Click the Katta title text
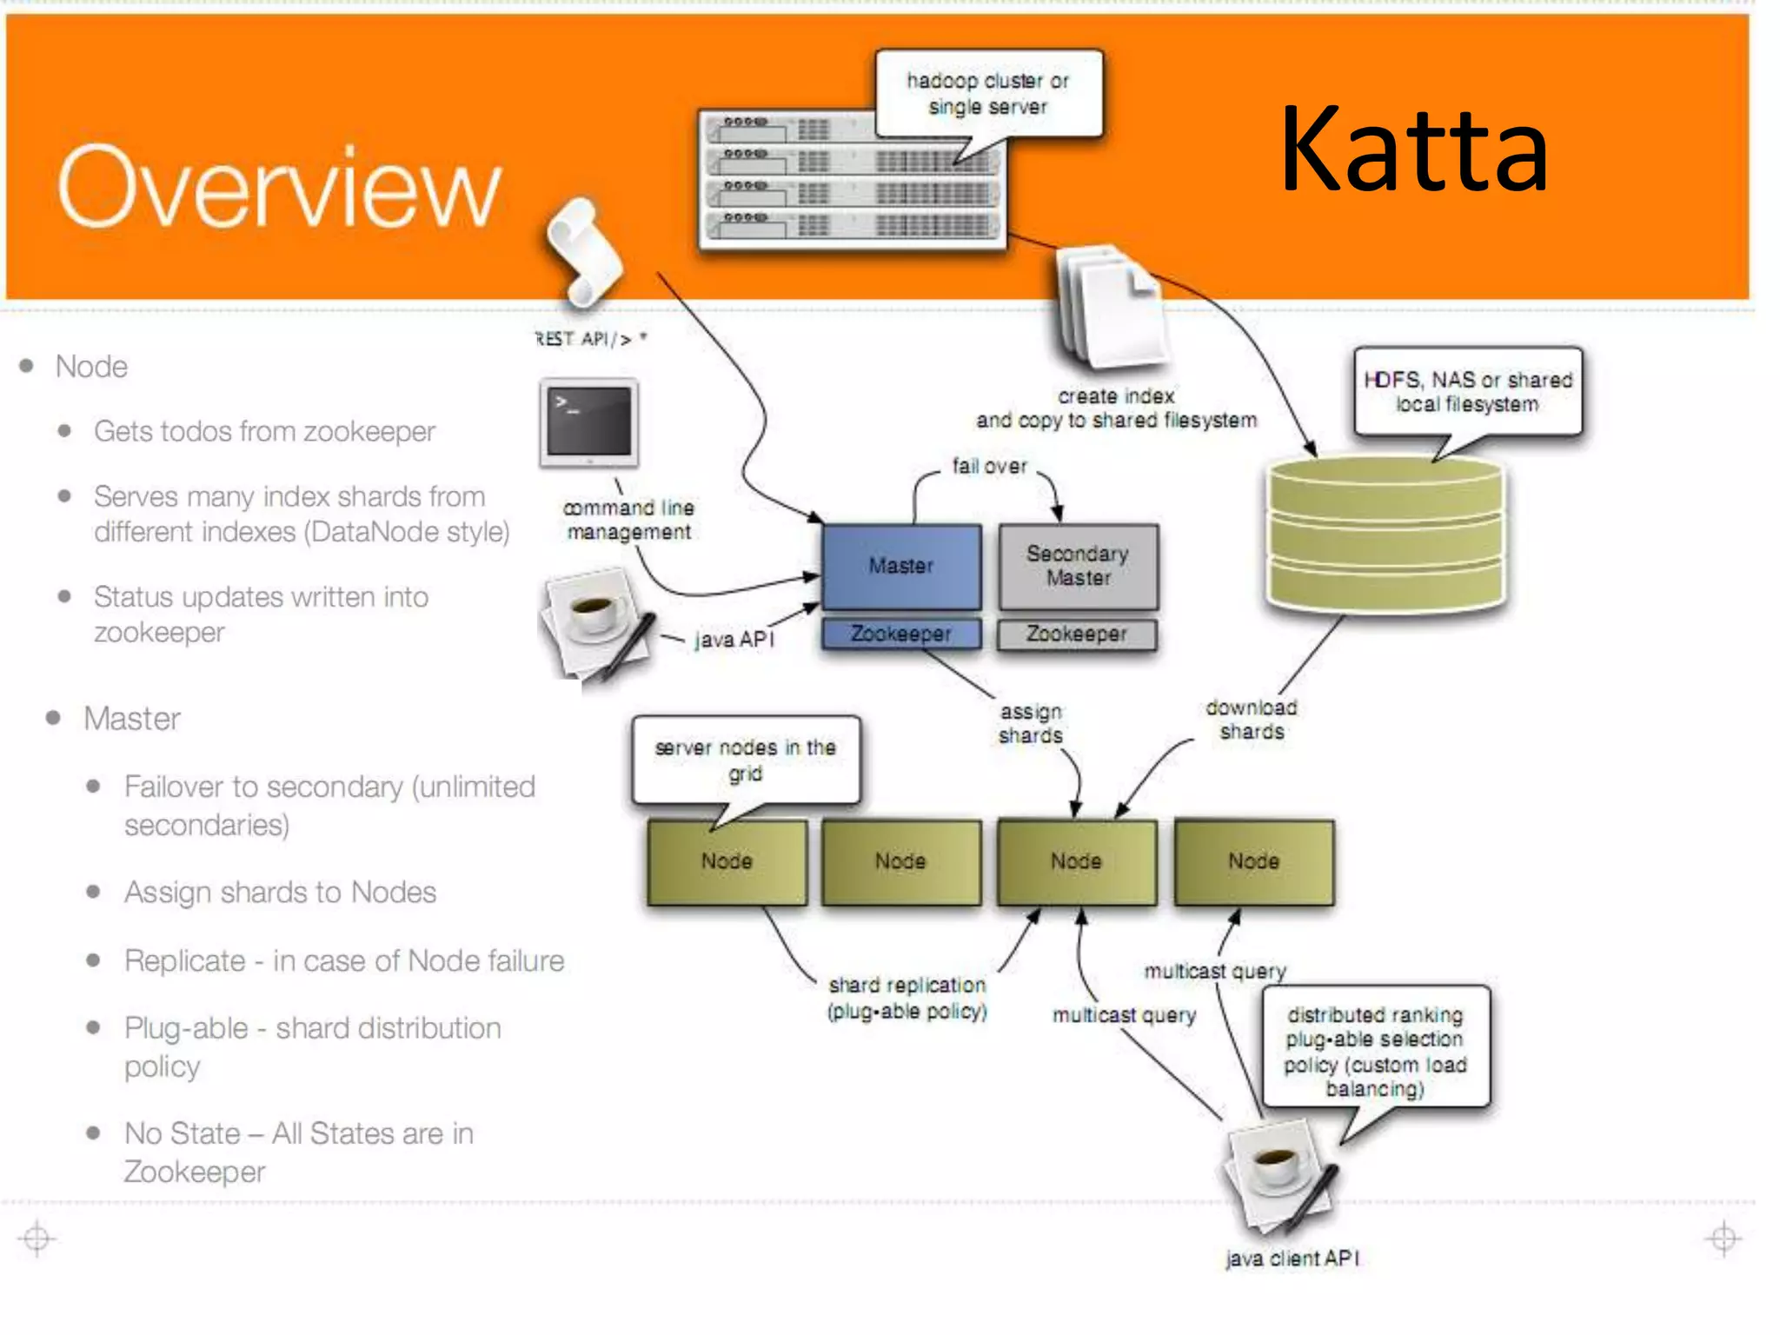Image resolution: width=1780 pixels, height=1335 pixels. pyautogui.click(x=1414, y=149)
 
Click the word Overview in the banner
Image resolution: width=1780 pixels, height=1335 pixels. pyautogui.click(x=279, y=187)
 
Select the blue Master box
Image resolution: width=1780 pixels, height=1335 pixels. pyautogui.click(x=901, y=566)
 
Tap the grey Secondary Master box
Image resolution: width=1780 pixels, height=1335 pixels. pyautogui.click(x=1078, y=566)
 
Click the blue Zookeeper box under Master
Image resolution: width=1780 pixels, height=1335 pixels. pyautogui.click(x=901, y=634)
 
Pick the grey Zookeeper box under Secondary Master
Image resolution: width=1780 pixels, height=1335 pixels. pyautogui.click(x=1077, y=634)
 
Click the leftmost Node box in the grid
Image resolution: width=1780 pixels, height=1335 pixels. pyautogui.click(x=727, y=861)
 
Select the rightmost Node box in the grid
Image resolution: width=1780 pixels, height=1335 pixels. pyautogui.click(x=1253, y=861)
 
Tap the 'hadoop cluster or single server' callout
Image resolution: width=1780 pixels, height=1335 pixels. pyautogui.click(x=988, y=94)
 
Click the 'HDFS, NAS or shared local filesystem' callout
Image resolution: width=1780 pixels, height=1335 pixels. pyautogui.click(x=1467, y=392)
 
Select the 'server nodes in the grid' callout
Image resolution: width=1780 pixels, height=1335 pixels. pyautogui.click(x=746, y=760)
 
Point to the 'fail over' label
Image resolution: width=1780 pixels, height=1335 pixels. pyautogui.click(x=989, y=467)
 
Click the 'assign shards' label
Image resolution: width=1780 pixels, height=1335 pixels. pyautogui.click(x=1031, y=723)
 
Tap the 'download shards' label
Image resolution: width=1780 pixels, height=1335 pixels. pyautogui.click(x=1252, y=720)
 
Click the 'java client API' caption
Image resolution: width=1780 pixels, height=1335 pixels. pyautogui.click(x=1292, y=1258)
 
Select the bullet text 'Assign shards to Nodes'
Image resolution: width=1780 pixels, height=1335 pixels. pyautogui.click(x=280, y=893)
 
